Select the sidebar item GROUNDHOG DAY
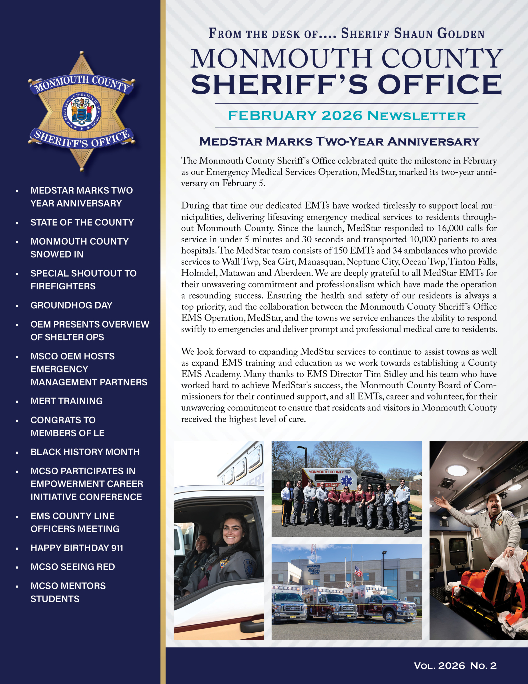(x=71, y=305)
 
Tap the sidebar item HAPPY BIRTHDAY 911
(x=77, y=548)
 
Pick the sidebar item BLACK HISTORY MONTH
(x=85, y=452)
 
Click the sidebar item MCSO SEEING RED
(x=73, y=567)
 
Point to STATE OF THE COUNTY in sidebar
(x=82, y=222)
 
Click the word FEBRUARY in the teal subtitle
(x=272, y=116)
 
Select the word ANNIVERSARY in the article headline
(x=433, y=142)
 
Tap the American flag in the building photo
(x=359, y=571)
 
